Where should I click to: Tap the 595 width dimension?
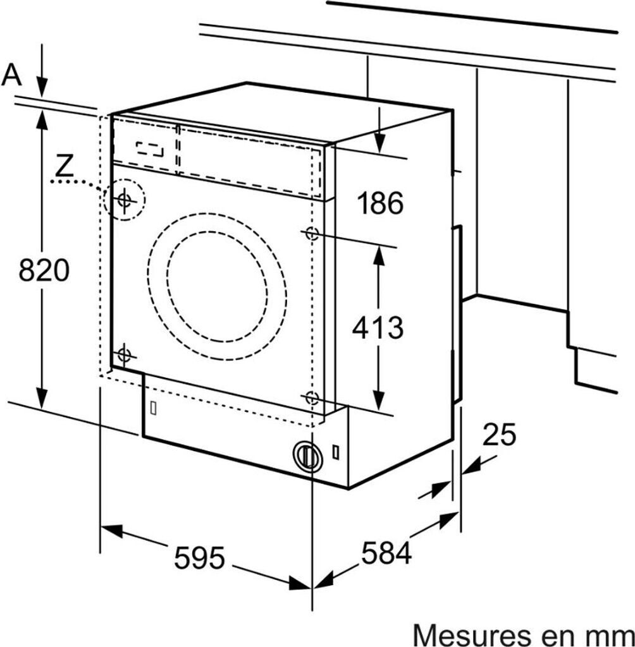point(200,558)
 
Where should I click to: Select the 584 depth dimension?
point(386,553)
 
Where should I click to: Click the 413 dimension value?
point(378,327)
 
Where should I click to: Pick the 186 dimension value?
point(379,203)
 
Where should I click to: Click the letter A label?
point(11,75)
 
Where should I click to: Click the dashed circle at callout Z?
point(124,200)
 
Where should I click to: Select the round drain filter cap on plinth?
point(307,455)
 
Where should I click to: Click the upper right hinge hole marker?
point(311,233)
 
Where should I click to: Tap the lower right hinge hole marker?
point(311,397)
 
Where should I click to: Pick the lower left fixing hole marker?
point(124,354)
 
